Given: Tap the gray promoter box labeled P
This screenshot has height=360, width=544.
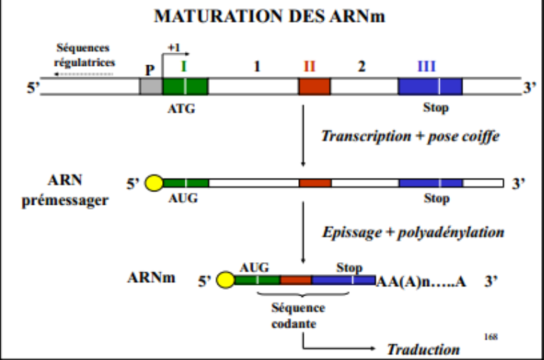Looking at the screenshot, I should click(150, 86).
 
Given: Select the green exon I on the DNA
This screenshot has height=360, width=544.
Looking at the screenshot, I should click(185, 86).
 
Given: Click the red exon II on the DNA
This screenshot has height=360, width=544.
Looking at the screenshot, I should click(314, 86).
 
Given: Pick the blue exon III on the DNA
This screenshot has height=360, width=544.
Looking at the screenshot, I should click(429, 86).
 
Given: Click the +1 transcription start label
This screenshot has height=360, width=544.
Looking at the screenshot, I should click(174, 47).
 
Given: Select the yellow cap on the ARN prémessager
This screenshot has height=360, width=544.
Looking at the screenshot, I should click(154, 184).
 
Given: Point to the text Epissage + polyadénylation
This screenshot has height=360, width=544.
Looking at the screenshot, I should click(413, 232).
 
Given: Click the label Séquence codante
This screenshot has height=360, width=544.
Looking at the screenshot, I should click(297, 315).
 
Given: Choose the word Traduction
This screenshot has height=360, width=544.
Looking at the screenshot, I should click(423, 349).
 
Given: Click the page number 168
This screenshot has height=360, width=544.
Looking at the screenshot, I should click(490, 335).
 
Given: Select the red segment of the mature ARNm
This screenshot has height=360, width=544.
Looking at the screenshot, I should click(295, 281).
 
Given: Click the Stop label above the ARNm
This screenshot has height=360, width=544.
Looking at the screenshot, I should click(348, 268).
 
